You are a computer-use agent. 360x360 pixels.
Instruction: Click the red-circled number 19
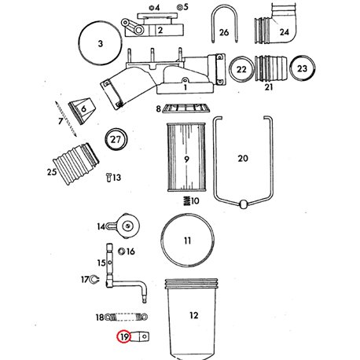[124, 336]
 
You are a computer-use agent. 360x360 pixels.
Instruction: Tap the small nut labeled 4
[151, 8]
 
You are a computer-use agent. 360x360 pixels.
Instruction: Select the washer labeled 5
[179, 7]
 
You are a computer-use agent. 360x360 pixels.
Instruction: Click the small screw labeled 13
[109, 178]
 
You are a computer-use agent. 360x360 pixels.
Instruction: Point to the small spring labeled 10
[186, 200]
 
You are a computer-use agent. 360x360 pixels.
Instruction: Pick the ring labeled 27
[116, 139]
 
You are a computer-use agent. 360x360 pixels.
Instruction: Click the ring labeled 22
[241, 69]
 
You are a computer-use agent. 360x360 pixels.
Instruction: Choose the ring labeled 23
[302, 68]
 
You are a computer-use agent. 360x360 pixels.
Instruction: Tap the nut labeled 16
[122, 252]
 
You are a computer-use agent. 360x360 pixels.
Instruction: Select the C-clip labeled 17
[93, 280]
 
